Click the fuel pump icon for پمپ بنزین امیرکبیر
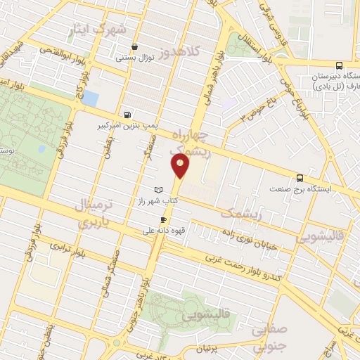tap(127, 115)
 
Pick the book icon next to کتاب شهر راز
tap(158, 189)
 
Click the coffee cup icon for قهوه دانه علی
tap(164, 219)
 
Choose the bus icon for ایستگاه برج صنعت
tap(300, 178)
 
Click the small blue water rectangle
tap(89, 99)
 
